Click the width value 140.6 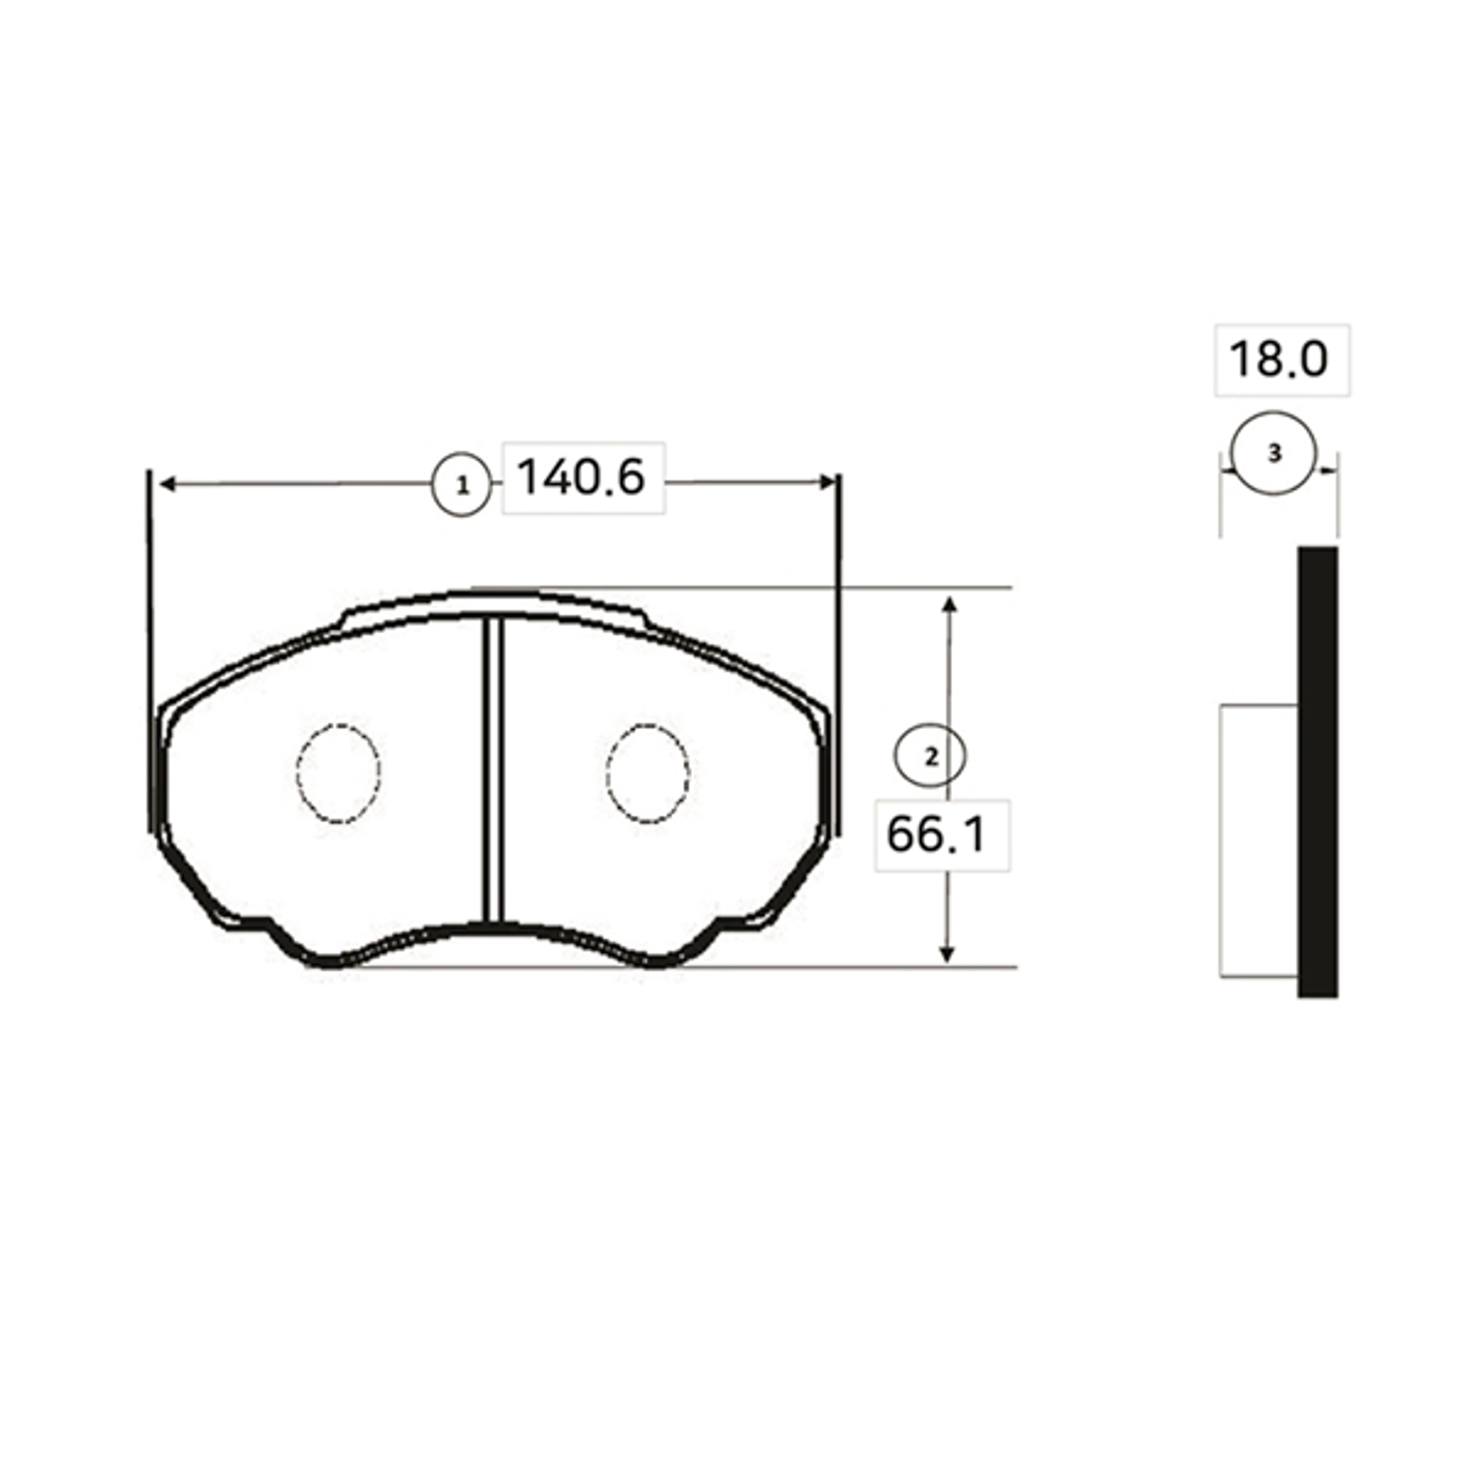[x=581, y=478]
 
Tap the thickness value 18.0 [x=1279, y=359]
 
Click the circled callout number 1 [x=462, y=485]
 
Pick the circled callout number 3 [x=1274, y=454]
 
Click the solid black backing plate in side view [x=1317, y=771]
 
